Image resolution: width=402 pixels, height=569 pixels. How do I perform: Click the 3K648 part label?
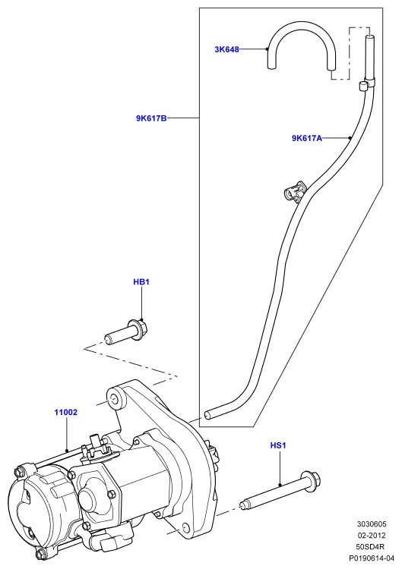click(226, 49)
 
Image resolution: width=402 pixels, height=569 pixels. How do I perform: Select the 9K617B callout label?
click(151, 118)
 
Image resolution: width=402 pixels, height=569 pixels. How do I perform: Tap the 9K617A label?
click(307, 138)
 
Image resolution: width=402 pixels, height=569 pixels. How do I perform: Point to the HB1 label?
click(141, 281)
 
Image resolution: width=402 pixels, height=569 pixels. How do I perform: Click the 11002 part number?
click(66, 412)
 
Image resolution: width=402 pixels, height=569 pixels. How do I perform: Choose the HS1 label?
click(278, 445)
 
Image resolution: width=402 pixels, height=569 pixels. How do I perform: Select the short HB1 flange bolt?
click(126, 331)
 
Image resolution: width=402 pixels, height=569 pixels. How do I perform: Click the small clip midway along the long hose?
click(294, 190)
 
